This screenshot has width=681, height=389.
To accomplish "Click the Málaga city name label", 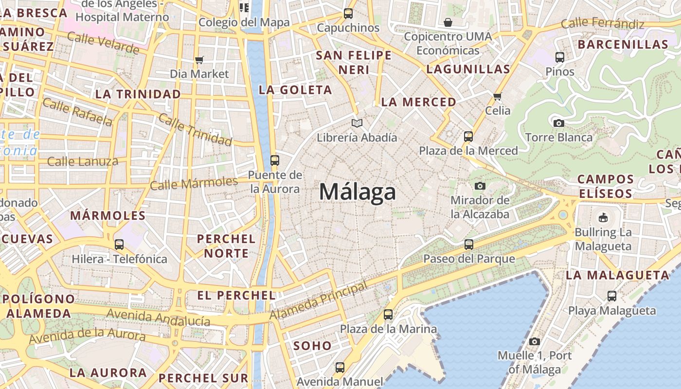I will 358,192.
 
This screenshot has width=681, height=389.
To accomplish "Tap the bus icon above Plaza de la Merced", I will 468,137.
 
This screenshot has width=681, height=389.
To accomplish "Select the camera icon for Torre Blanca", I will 559,123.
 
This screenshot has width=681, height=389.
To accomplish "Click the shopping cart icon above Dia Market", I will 199,60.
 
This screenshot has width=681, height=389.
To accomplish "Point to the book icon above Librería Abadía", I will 357,124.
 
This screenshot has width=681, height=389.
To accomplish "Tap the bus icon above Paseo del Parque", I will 469,245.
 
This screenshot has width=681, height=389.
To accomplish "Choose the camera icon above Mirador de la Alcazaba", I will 480,186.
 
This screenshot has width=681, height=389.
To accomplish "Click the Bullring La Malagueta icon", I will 603,217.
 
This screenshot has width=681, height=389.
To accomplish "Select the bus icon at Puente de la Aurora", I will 275,160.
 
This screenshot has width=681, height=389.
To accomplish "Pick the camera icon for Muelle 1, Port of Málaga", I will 535,341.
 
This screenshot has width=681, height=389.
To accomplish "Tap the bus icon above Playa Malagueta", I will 612,296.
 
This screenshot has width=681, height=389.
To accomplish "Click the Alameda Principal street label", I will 319,301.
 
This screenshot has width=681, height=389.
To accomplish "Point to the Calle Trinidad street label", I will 195,130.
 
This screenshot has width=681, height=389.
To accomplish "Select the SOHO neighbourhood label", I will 313,346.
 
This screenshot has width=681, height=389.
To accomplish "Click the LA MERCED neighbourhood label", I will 418,102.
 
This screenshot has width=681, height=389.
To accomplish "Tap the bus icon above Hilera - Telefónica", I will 119,245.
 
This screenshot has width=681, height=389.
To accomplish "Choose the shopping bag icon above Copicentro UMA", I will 448,22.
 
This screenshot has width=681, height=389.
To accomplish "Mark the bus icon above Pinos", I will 560,57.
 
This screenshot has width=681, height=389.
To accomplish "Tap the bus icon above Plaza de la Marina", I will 388,315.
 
